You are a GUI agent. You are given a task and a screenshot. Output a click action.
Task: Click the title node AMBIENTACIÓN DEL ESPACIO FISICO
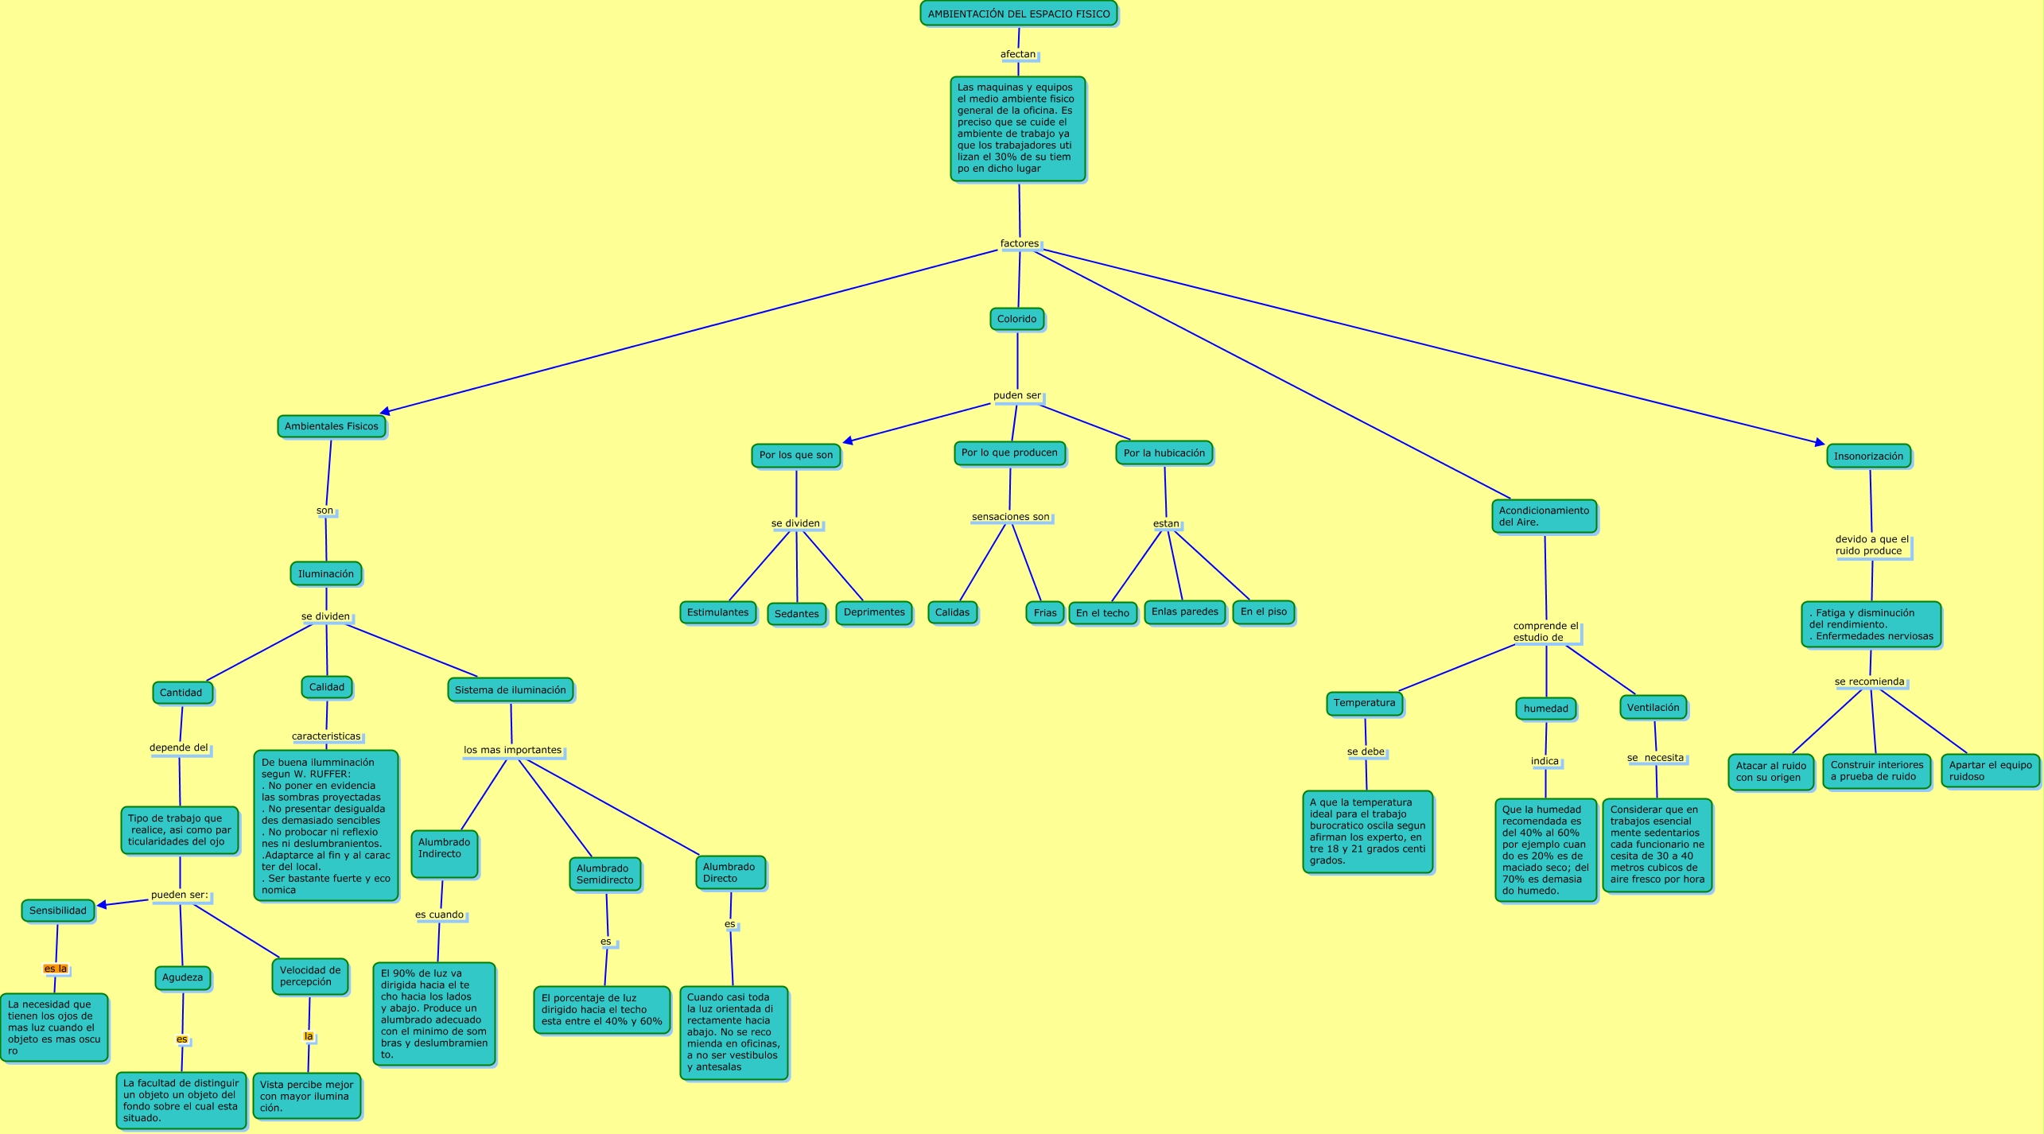(1018, 14)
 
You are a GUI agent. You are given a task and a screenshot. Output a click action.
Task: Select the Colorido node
(1016, 319)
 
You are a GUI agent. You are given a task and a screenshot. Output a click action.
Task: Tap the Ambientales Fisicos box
(331, 426)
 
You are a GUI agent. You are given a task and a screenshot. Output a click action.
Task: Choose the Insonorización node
(1868, 456)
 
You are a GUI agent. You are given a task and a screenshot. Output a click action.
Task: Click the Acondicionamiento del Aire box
(1544, 516)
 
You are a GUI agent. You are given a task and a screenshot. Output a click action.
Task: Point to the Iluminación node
(325, 573)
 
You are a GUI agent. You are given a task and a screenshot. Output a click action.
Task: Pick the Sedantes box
(796, 613)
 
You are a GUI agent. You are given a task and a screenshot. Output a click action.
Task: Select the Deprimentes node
(873, 612)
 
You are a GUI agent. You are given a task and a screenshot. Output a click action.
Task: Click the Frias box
(1044, 612)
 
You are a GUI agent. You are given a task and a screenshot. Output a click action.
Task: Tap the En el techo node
(1102, 613)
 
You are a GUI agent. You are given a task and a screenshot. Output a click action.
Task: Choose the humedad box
(1545, 708)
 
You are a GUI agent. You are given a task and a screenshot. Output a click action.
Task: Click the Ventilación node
(1653, 707)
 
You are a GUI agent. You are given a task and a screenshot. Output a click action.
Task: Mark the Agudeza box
(182, 977)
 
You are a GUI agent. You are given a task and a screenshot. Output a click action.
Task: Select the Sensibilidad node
(57, 911)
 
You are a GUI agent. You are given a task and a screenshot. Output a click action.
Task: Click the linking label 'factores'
(1019, 243)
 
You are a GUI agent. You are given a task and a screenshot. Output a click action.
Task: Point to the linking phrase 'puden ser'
(1016, 395)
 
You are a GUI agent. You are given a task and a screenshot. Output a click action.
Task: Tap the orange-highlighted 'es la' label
(56, 969)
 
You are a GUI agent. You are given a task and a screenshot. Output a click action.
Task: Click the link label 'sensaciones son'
(1010, 517)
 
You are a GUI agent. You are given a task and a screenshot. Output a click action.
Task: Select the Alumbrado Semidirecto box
(604, 874)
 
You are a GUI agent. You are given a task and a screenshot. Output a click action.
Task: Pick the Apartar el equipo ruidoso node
(1990, 771)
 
